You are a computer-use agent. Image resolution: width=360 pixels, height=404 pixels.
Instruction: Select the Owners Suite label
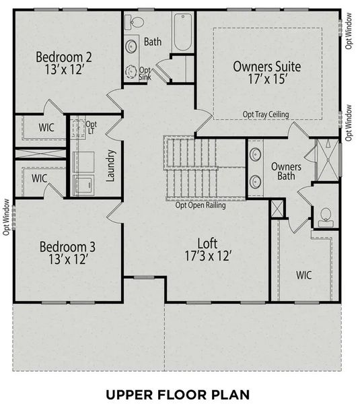pyautogui.click(x=266, y=67)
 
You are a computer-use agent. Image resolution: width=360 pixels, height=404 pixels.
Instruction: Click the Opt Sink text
pyautogui.click(x=144, y=73)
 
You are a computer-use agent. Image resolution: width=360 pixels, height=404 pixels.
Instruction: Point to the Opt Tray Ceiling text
pyautogui.click(x=266, y=115)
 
